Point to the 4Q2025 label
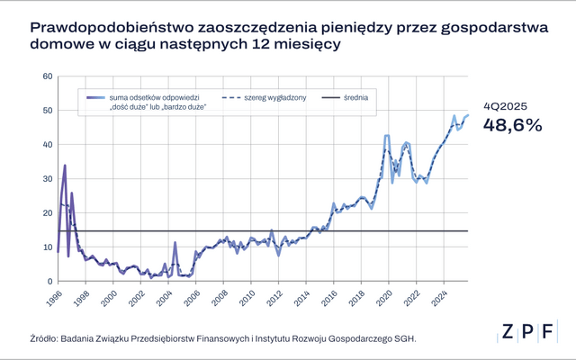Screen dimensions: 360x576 click(x=504, y=105)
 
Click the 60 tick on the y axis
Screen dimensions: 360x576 click(x=48, y=76)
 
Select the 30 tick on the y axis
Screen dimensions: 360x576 click(x=48, y=178)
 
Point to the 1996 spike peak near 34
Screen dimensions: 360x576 click(x=65, y=165)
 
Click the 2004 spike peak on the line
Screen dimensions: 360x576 click(x=175, y=242)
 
